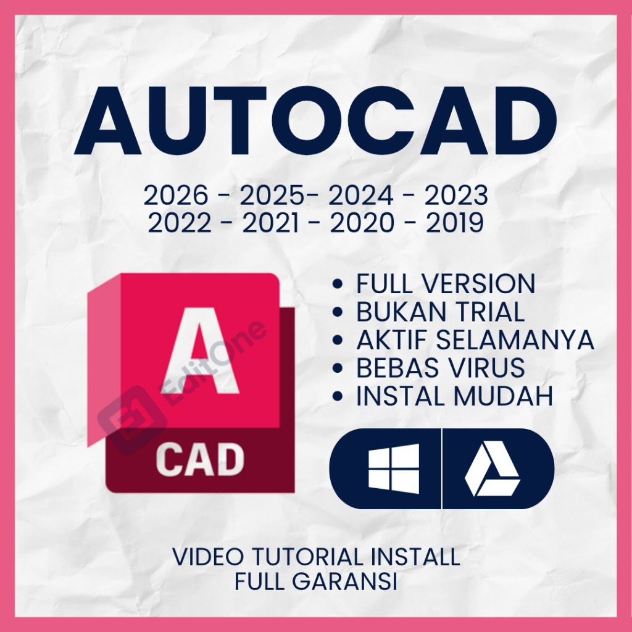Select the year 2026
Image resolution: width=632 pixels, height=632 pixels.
coord(176,196)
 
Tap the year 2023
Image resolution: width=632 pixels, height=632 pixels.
coord(456,196)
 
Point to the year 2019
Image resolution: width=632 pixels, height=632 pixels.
coord(454,223)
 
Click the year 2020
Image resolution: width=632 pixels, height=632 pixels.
coord(362,223)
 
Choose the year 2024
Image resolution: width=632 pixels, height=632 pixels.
coord(360,196)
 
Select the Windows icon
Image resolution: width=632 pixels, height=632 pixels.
coord(393,468)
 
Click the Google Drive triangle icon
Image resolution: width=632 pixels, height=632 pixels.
coord(492,469)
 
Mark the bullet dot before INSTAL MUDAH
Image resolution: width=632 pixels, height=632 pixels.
coord(338,397)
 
